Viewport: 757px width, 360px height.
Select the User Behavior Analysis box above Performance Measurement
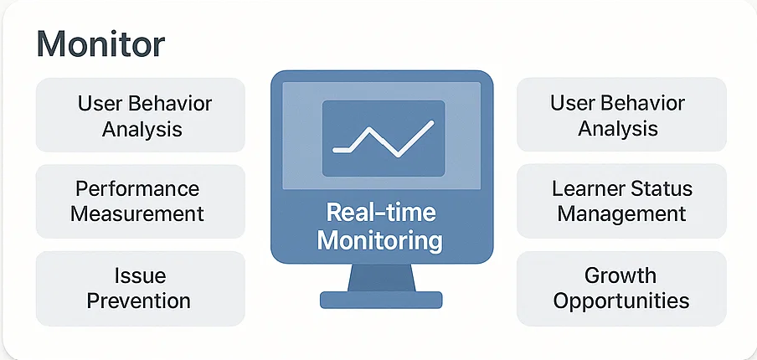coord(141,115)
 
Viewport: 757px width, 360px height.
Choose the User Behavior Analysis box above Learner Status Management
coord(621,115)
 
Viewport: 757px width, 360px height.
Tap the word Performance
coord(137,188)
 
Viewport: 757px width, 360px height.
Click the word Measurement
coord(137,213)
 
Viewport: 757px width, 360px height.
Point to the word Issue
coord(141,275)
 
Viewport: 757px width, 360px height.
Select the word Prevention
coord(139,301)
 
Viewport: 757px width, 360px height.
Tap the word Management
coord(622,213)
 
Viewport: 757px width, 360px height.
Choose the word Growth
coord(621,275)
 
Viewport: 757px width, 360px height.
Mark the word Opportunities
coord(621,301)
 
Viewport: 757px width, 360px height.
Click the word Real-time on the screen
coord(381,213)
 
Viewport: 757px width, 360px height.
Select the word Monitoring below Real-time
coord(380,240)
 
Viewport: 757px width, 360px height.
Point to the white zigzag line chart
coord(383,139)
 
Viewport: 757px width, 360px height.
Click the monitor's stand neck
coord(381,277)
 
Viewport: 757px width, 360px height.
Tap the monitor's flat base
coord(381,300)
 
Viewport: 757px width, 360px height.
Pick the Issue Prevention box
coord(141,289)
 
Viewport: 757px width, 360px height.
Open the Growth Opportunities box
coord(621,289)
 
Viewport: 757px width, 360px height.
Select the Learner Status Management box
coord(621,201)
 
